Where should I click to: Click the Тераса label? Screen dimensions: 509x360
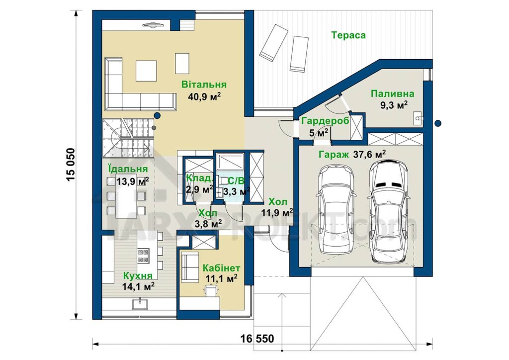(348, 35)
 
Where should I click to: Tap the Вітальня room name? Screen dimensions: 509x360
(204, 85)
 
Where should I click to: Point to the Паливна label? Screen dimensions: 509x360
(393, 94)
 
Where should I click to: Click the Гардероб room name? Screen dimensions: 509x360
(325, 121)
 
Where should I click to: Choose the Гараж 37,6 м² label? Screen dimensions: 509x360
(352, 155)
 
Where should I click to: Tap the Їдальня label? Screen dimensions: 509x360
(128, 169)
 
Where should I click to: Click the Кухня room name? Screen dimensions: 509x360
(138, 276)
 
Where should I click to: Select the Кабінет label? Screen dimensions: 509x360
(221, 268)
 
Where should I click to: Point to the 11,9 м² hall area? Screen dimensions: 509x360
(277, 213)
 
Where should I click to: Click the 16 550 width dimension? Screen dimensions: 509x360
(257, 339)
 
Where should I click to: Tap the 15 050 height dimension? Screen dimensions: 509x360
(71, 165)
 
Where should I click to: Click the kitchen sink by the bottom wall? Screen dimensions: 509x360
(140, 304)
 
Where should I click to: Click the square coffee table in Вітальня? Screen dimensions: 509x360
(146, 71)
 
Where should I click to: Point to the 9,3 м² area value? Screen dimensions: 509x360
(394, 105)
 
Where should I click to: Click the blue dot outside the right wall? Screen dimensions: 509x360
(438, 123)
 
